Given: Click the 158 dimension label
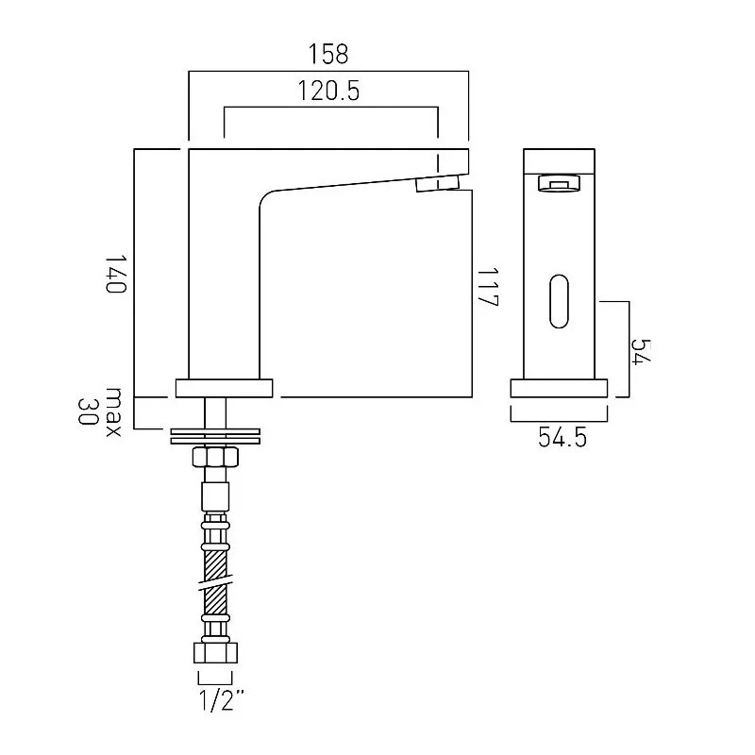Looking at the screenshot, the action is tap(328, 54).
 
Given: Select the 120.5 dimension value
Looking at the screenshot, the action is tap(328, 91).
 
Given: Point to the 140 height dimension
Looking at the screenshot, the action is tap(115, 274).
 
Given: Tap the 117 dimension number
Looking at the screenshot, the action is tap(487, 288).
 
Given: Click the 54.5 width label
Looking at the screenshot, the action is tap(562, 438).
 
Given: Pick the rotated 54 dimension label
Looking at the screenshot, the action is tap(641, 352).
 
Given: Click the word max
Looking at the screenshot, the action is tap(113, 411).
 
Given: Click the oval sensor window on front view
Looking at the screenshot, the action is tap(559, 301).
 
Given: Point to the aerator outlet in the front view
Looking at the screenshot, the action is tap(559, 183).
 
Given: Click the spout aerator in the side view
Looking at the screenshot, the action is tap(438, 184).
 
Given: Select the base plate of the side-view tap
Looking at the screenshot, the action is tap(224, 388).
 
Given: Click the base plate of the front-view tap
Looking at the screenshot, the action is tap(559, 388).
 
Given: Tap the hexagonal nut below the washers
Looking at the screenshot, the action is tap(215, 457).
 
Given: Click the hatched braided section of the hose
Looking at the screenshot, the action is tap(215, 582).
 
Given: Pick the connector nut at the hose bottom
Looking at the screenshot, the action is tap(215, 652).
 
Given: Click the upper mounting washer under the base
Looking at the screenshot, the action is tap(215, 431).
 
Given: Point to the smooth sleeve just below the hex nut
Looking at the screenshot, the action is tap(215, 496).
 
